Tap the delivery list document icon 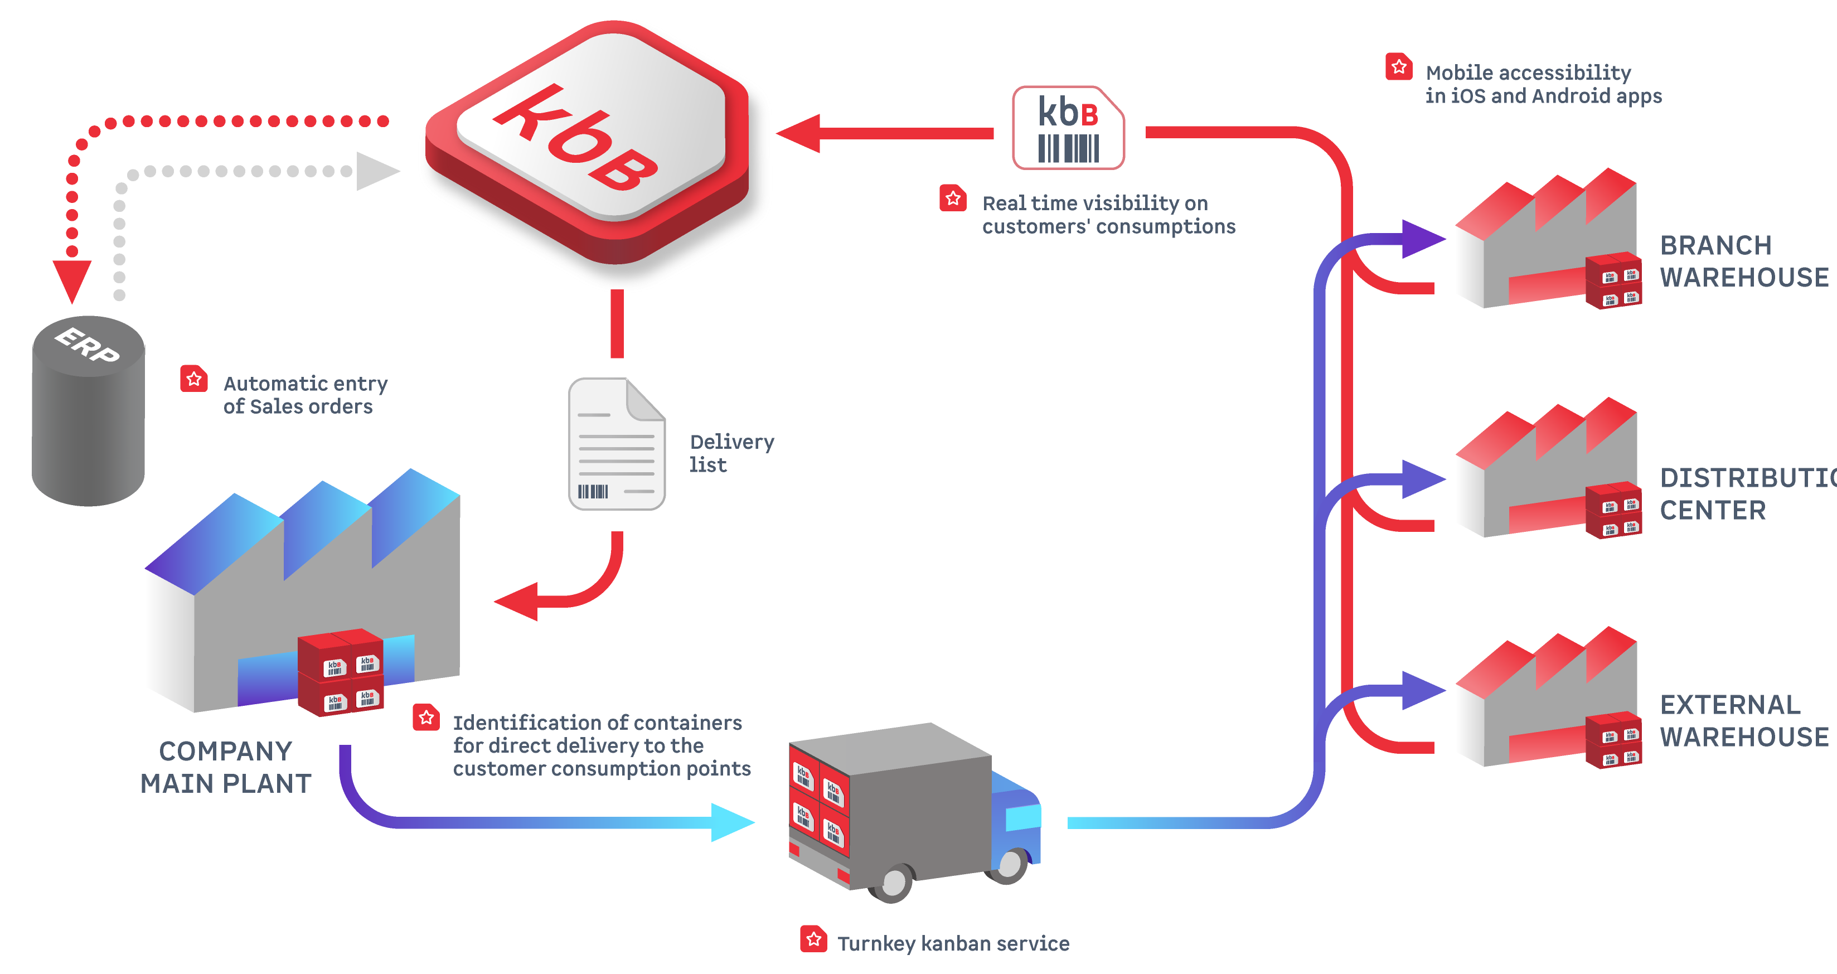click(x=616, y=443)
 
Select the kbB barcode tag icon click(x=1068, y=128)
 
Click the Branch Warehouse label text click(x=1743, y=261)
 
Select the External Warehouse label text click(x=1743, y=720)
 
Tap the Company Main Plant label click(x=225, y=767)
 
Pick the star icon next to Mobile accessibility click(x=1398, y=67)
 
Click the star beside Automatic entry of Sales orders click(x=193, y=379)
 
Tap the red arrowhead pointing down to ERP click(x=72, y=279)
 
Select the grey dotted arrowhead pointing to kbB click(x=376, y=171)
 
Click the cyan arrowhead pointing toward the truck click(x=731, y=822)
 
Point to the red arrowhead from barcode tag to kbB click(x=800, y=133)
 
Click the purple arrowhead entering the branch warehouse click(x=1421, y=238)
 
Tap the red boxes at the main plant click(x=341, y=672)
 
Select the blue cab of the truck click(x=1016, y=820)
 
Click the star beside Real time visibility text click(x=953, y=198)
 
